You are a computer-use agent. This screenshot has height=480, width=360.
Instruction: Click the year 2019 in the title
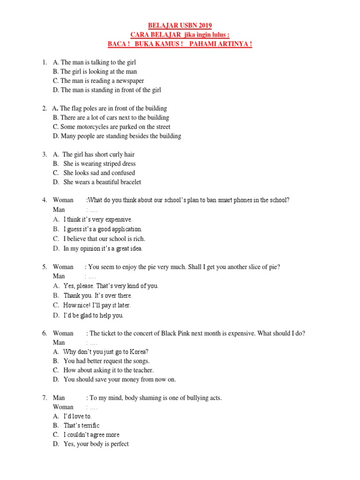pyautogui.click(x=210, y=25)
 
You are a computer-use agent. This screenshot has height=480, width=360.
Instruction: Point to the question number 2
pyautogui.click(x=45, y=108)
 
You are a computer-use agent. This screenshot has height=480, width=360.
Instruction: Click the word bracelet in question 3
pyautogui.click(x=129, y=182)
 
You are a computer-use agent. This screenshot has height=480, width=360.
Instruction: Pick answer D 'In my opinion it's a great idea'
pyautogui.click(x=103, y=248)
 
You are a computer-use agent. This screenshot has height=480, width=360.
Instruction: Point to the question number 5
pyautogui.click(x=45, y=267)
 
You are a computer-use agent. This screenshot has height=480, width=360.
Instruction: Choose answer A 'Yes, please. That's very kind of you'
pyautogui.click(x=111, y=285)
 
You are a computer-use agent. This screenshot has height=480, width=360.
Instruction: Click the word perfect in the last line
pyautogui.click(x=118, y=444)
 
